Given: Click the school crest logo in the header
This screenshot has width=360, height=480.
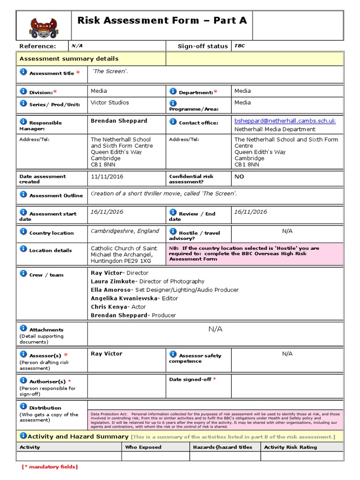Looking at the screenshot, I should click(x=44, y=26).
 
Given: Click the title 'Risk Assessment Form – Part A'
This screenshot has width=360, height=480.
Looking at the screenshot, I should click(x=162, y=20).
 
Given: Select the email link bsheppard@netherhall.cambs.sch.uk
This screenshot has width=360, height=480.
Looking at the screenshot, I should click(x=285, y=120).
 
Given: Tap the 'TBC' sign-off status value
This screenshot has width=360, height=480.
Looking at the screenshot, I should click(x=240, y=46).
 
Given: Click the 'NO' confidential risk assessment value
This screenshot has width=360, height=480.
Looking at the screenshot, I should click(x=240, y=177).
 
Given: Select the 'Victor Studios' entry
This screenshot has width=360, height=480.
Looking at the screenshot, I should click(x=110, y=102).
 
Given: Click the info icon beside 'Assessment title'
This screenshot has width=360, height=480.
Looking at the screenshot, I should click(x=23, y=72).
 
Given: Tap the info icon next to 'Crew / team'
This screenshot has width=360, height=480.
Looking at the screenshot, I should click(x=23, y=273).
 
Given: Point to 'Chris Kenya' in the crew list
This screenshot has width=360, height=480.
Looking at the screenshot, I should click(x=109, y=307).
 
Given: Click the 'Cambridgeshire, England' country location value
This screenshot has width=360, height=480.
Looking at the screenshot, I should click(x=125, y=231).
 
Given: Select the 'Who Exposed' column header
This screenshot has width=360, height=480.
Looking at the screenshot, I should click(x=143, y=447).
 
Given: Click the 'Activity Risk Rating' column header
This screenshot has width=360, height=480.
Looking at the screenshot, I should click(x=290, y=447).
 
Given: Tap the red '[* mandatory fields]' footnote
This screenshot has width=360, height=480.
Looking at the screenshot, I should click(x=50, y=466).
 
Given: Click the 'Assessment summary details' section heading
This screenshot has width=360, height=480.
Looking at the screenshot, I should click(x=68, y=59).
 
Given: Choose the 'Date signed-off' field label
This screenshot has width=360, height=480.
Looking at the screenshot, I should click(x=190, y=379).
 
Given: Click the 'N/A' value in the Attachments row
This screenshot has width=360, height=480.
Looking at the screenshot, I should click(x=215, y=329).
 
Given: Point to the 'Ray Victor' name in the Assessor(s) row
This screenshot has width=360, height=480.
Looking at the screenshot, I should click(x=106, y=353).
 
